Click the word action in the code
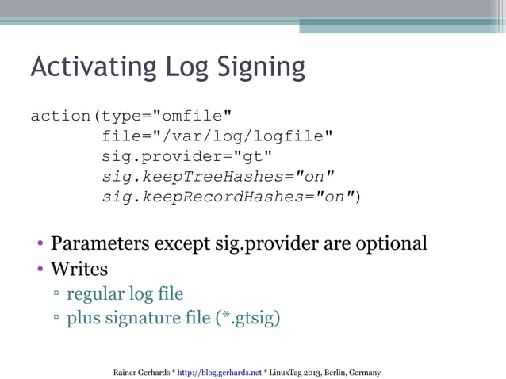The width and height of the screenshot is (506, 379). tap(60, 116)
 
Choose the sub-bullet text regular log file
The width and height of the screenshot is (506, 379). tap(125, 294)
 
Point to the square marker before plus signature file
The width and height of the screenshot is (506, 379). tap(57, 320)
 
